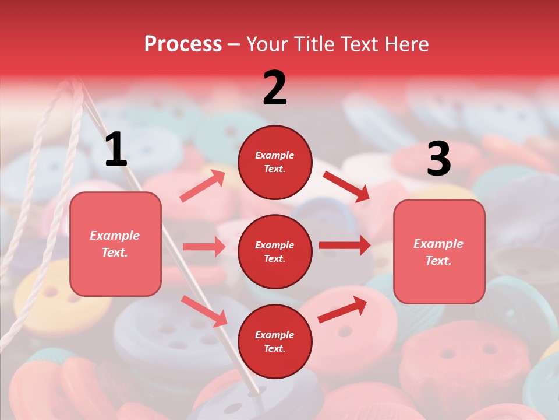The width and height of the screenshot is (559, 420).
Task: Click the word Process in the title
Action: pyautogui.click(x=183, y=44)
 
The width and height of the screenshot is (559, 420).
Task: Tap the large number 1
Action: pyautogui.click(x=116, y=150)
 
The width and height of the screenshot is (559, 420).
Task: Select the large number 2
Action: pyautogui.click(x=275, y=88)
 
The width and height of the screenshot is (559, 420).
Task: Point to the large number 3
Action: pyautogui.click(x=438, y=159)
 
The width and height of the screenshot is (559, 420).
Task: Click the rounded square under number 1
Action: pyautogui.click(x=115, y=244)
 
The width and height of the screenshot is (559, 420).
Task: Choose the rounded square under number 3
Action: pyautogui.click(x=439, y=251)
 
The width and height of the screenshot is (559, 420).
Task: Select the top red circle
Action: pyautogui.click(x=275, y=162)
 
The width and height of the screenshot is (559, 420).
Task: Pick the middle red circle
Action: pyautogui.click(x=275, y=251)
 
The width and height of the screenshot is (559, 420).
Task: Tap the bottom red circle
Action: pyautogui.click(x=275, y=341)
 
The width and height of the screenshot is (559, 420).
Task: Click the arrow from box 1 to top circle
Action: pyautogui.click(x=202, y=186)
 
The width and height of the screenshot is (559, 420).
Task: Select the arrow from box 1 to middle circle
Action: pyautogui.click(x=204, y=247)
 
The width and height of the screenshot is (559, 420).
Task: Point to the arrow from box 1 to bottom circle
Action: pyautogui.click(x=204, y=311)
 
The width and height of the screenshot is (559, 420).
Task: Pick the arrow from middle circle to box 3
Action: pyautogui.click(x=345, y=246)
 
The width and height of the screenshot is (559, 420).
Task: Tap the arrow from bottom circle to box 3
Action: pyautogui.click(x=342, y=309)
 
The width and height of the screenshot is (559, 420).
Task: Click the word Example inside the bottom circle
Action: pyautogui.click(x=274, y=335)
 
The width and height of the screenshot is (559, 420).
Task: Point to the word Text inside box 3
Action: pyautogui.click(x=438, y=261)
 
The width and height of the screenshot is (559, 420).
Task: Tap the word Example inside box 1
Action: pyautogui.click(x=115, y=236)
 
